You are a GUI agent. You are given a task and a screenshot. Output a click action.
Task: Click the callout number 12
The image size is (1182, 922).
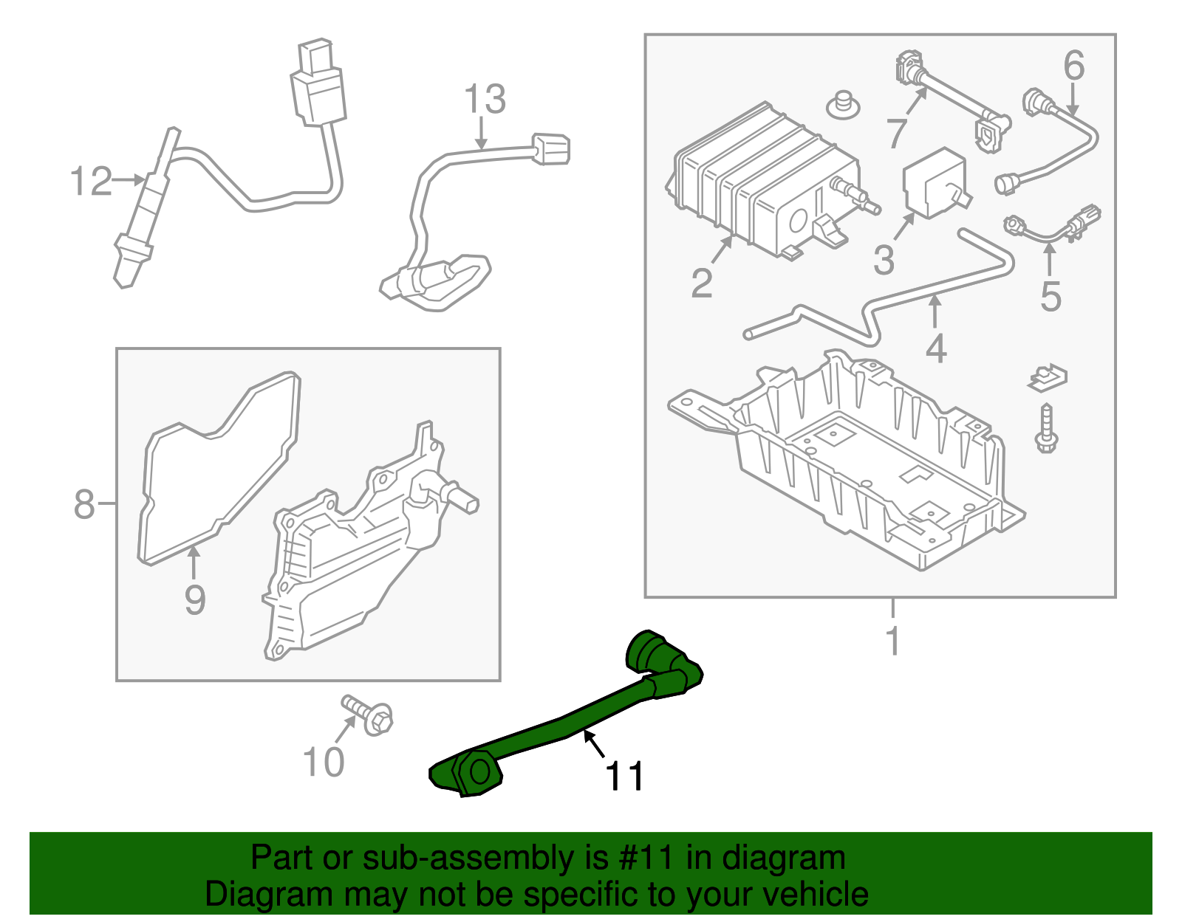[91, 182]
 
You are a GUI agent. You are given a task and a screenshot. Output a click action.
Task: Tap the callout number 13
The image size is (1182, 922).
[485, 100]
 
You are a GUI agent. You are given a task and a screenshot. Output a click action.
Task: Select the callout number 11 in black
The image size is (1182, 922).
[624, 777]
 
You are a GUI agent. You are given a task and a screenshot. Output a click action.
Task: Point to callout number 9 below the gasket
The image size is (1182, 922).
[194, 599]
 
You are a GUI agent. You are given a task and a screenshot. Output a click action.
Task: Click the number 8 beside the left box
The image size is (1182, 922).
[84, 505]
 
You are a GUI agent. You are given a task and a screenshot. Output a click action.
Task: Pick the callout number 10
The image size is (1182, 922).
[324, 763]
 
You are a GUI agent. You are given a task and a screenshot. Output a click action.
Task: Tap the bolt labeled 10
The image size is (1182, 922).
[369, 715]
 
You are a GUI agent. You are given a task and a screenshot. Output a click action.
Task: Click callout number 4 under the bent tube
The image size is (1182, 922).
[935, 348]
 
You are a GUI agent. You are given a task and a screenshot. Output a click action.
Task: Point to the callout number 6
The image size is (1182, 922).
[1073, 66]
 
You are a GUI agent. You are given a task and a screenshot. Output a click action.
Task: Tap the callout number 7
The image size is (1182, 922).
[896, 134]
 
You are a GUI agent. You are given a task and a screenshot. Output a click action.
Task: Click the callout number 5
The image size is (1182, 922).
[1050, 297]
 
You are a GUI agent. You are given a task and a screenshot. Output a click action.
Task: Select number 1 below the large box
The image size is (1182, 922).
[893, 641]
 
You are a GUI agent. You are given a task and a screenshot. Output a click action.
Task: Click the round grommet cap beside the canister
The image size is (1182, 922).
[843, 106]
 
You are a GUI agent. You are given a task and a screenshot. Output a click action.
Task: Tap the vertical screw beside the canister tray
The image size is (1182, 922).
[1046, 429]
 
